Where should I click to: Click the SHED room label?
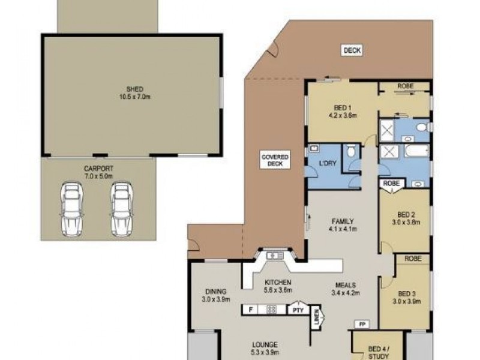tap(130, 92)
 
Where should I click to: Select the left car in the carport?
tap(71, 209)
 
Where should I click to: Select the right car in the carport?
tap(121, 209)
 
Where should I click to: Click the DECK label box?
tap(352, 51)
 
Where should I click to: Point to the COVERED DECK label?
tap(275, 160)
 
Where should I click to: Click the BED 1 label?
tap(343, 111)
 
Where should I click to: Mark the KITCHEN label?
tap(278, 286)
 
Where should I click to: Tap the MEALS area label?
tap(344, 289)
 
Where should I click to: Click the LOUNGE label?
tap(265, 349)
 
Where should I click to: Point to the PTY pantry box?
tap(297, 310)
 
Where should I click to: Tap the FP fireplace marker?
tap(361, 325)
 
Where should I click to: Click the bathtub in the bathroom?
tap(415, 150)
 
